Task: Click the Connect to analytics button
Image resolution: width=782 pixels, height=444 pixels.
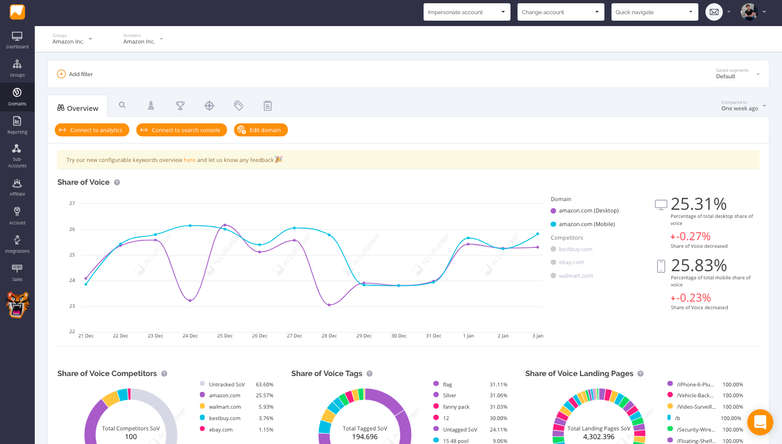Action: pos(92,130)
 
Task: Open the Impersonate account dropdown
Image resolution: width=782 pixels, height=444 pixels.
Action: pos(466,12)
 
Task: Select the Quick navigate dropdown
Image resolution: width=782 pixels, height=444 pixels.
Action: pos(654,12)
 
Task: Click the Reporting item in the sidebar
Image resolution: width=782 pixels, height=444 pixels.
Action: pos(17,125)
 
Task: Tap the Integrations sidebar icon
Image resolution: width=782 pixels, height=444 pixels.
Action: pos(17,243)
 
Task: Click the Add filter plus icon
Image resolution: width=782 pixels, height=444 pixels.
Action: pos(61,74)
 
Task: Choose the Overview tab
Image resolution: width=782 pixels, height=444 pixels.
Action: pos(78,108)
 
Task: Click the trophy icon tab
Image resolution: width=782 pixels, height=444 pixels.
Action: pos(180,106)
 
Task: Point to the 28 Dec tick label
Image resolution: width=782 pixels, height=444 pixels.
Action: pos(329,336)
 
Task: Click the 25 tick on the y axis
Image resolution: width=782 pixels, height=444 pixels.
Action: pos(72,255)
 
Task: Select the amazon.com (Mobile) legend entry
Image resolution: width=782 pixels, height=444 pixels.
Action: pos(586,224)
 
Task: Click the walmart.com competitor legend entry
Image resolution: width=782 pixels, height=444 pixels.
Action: pos(576,276)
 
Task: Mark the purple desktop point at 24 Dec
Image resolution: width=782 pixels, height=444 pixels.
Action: pos(190,301)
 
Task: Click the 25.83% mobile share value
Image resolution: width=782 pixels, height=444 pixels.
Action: pos(698,265)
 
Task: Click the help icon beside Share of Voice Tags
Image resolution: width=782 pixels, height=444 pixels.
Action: pos(369,374)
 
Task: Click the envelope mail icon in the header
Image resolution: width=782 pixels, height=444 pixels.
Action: pos(714,12)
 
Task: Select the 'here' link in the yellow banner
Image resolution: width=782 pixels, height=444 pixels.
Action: pos(190,160)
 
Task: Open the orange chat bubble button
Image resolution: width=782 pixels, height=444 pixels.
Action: pos(760,422)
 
